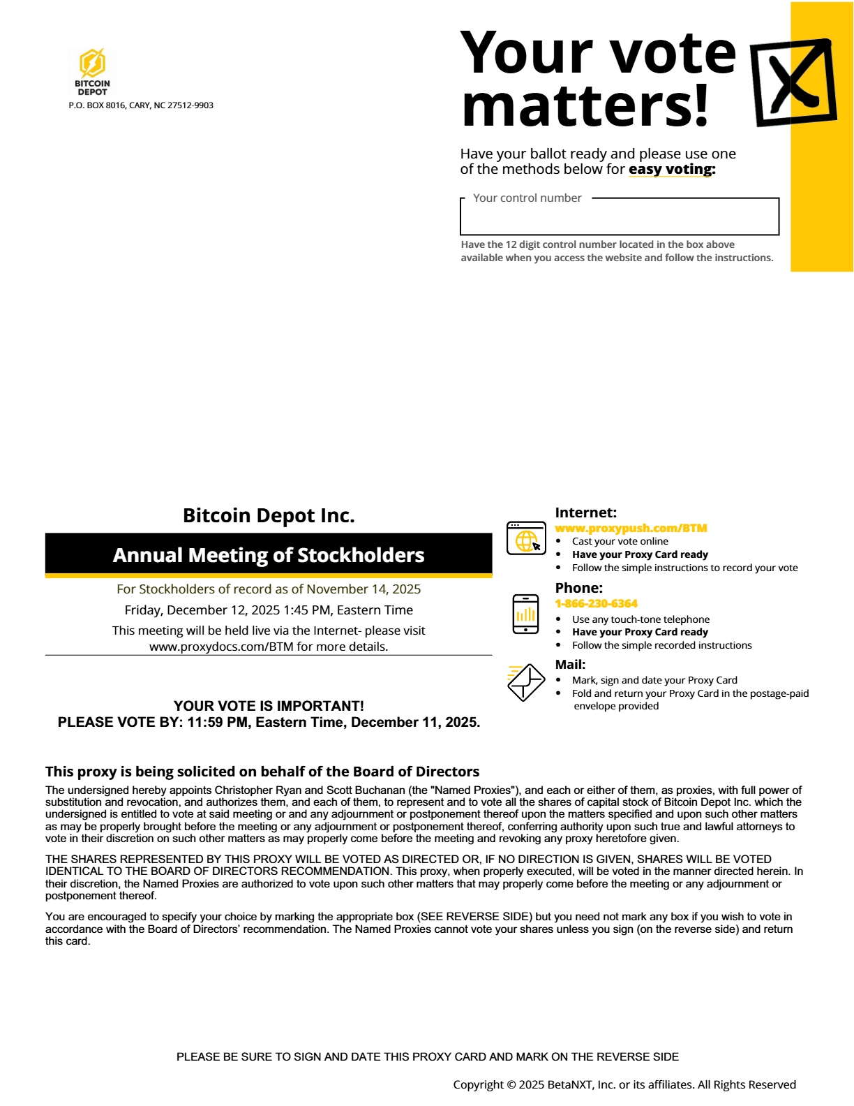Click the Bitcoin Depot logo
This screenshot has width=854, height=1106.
[92, 71]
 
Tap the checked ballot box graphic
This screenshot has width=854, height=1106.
[793, 82]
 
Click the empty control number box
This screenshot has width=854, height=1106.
[619, 219]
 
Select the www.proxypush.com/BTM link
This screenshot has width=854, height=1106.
[631, 529]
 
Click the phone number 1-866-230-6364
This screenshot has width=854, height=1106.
[597, 603]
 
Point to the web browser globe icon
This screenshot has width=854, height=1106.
[526, 538]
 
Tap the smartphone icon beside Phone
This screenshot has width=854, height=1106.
[525, 614]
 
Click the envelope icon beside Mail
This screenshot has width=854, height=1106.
[526, 681]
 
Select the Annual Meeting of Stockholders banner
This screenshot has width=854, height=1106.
[269, 555]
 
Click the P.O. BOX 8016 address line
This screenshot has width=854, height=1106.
[141, 105]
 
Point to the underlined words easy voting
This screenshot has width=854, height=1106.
[672, 170]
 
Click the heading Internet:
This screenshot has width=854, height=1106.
[585, 513]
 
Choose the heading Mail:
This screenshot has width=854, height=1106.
[570, 665]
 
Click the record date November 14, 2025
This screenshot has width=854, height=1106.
[364, 589]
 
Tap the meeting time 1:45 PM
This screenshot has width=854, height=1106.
[307, 610]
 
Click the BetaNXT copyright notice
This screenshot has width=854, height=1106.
[624, 1084]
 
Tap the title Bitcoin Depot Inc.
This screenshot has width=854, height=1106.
[269, 515]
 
